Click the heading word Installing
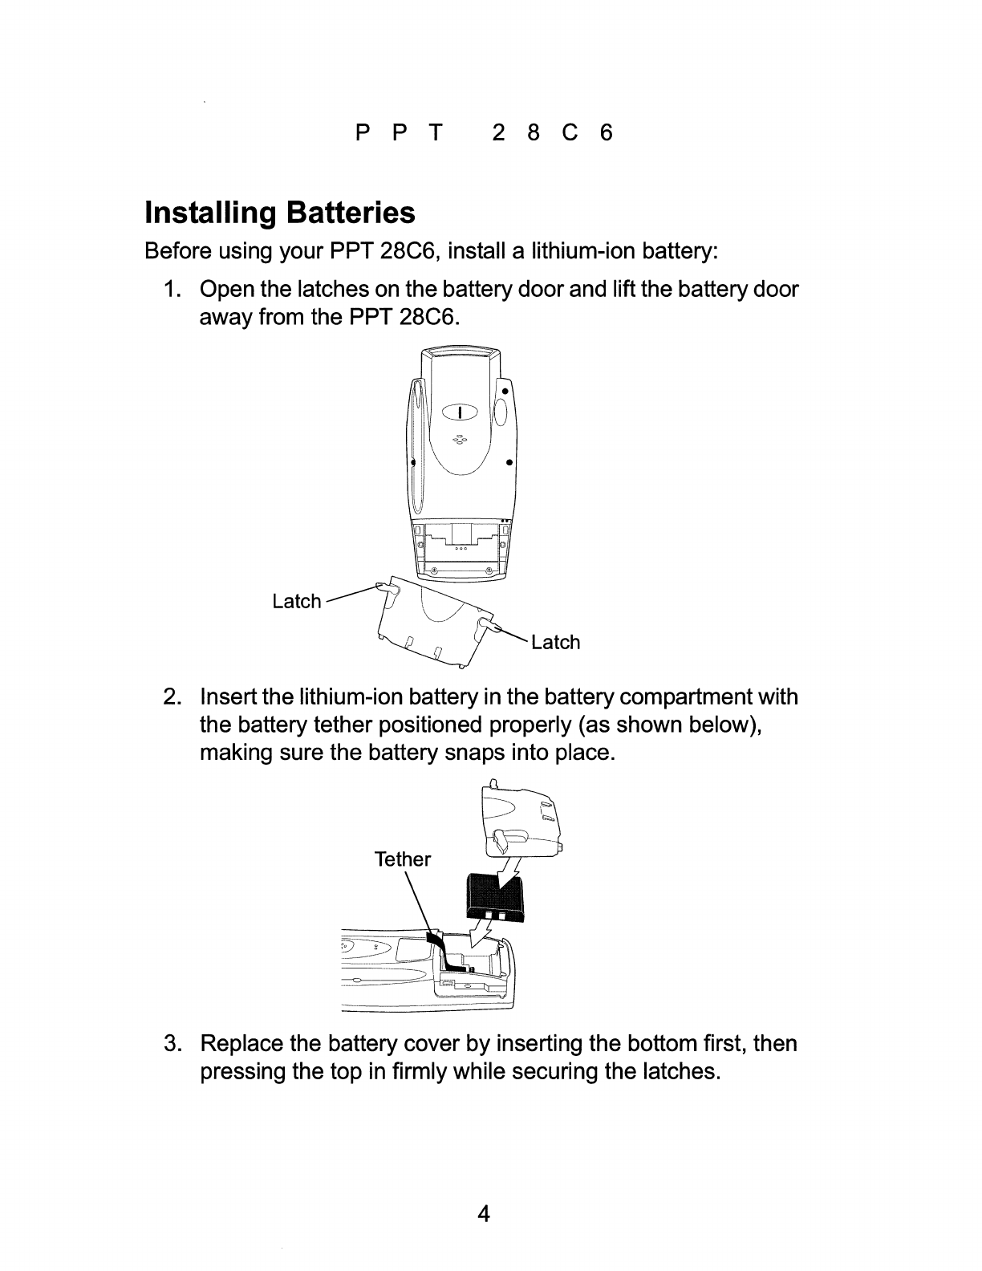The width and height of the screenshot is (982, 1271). pos(210,213)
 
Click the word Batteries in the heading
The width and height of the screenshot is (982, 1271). pos(351,213)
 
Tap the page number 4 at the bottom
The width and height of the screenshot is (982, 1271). pos(484,1214)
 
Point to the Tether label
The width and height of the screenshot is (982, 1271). pos(403,860)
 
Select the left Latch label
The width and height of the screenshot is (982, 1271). pos(297,601)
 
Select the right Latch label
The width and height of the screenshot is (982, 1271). pos(555,642)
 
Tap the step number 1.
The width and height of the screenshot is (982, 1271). pos(171,289)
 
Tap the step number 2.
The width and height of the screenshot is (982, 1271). pos(171,696)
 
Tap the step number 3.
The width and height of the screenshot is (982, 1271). pos(171,1044)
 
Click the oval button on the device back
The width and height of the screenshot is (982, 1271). pos(460,412)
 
